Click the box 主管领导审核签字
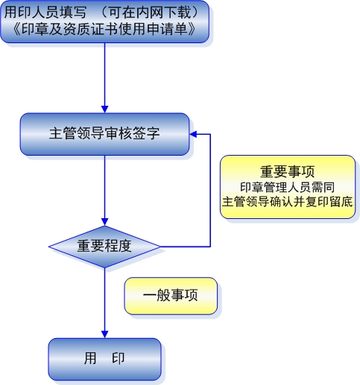point(104,134)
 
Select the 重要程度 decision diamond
point(104,246)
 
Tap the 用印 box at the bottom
point(104,359)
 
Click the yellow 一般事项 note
point(171,296)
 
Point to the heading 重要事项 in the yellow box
point(287,172)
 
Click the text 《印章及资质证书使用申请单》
point(104,29)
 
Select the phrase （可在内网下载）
point(150,13)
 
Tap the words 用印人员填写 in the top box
point(45,13)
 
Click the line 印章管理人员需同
point(287,187)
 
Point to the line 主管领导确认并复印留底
point(287,202)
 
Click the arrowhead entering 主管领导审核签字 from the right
point(193,134)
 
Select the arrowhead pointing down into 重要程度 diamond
point(104,222)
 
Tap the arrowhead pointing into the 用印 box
point(104,334)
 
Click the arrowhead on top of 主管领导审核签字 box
point(104,109)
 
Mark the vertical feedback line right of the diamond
point(210,191)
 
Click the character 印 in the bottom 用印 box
point(119,358)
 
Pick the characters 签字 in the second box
point(146,133)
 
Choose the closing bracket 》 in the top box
point(192,29)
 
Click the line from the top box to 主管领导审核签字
point(104,74)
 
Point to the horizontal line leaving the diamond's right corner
point(186,246)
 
